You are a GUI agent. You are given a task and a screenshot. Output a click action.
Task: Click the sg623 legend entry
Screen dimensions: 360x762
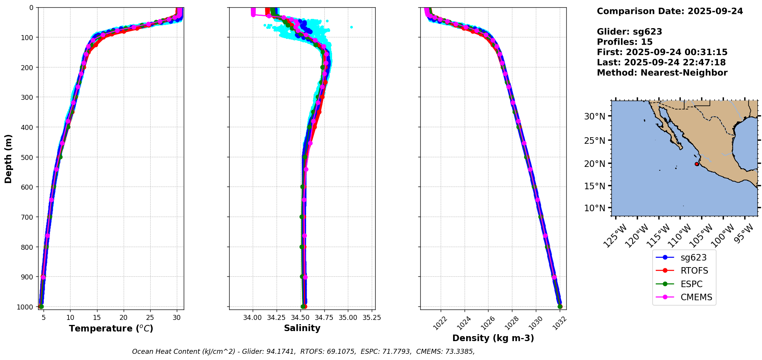tap(693, 257)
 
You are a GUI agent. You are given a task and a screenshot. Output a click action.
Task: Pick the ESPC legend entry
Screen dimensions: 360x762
tap(691, 284)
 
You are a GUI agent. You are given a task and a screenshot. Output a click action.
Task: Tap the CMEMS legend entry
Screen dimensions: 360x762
tap(696, 297)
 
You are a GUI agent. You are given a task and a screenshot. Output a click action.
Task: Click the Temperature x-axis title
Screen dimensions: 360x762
tap(111, 328)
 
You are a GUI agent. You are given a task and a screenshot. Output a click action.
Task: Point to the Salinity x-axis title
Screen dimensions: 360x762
tap(302, 328)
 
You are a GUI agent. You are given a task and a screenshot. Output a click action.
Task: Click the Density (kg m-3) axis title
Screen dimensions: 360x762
tap(493, 338)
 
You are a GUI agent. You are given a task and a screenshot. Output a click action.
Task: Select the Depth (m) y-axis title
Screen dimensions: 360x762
tap(8, 158)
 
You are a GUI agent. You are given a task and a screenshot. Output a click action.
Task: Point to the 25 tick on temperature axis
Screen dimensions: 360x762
tap(150, 318)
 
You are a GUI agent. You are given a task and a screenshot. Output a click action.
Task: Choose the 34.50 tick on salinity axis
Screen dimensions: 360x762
tap(300, 318)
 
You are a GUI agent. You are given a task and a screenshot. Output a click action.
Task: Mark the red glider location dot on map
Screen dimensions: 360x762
tap(697, 164)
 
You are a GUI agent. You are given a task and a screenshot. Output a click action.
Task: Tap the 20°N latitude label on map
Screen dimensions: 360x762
tap(595, 163)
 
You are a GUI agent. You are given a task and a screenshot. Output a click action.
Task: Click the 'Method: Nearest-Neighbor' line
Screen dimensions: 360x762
tap(662, 73)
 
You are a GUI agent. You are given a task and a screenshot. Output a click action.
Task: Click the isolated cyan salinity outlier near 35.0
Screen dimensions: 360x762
tap(351, 27)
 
